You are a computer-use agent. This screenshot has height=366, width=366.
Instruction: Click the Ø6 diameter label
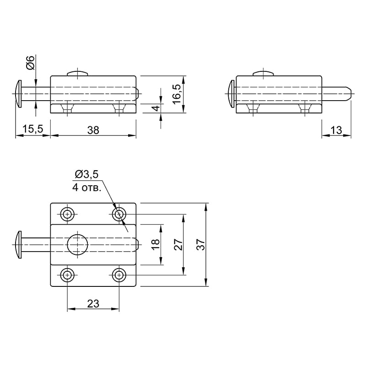(30, 63)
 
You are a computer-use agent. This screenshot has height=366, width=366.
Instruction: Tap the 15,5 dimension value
(32, 129)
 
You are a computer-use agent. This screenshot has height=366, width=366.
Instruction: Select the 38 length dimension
(93, 130)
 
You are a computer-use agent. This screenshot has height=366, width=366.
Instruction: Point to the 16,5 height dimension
(177, 94)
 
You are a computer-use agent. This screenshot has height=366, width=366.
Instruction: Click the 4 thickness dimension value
(156, 108)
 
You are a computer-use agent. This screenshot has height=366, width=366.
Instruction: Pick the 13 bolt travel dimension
(336, 130)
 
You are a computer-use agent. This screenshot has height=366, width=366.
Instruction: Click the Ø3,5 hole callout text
(86, 174)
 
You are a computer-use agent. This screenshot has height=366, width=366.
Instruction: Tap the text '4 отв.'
(87, 188)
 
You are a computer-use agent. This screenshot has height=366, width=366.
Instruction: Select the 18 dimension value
(156, 245)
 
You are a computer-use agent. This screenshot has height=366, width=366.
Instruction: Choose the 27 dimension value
(178, 245)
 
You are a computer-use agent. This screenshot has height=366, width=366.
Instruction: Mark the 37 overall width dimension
(201, 245)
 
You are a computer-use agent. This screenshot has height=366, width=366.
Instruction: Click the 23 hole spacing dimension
(93, 304)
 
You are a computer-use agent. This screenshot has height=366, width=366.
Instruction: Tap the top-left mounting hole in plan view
(67, 214)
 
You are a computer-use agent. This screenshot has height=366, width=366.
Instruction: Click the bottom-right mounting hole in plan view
(119, 275)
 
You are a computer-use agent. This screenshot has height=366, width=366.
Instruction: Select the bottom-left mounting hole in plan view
(67, 275)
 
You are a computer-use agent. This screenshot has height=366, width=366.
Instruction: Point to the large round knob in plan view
(77, 245)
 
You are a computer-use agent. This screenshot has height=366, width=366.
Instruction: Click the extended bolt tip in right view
(348, 94)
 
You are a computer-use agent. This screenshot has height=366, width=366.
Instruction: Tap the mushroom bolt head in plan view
(18, 245)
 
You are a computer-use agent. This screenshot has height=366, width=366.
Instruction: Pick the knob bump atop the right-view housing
(264, 73)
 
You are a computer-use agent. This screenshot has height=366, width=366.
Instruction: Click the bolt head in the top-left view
(18, 94)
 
